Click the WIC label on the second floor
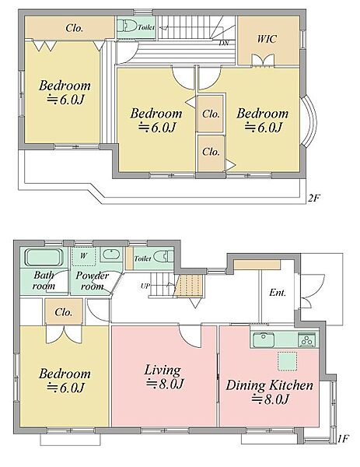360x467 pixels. (267, 39)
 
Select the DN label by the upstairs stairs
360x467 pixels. (224, 43)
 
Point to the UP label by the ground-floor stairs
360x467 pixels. (145, 286)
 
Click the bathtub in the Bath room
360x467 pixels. (44, 258)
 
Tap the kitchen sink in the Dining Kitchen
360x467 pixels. (264, 340)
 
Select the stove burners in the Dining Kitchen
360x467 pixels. (306, 340)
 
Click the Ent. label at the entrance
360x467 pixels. (278, 293)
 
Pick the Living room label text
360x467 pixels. (164, 377)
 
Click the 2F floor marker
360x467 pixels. (314, 198)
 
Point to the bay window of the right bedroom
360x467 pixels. (309, 121)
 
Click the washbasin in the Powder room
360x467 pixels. (111, 255)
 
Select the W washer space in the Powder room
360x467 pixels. (84, 256)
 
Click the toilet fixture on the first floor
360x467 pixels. (163, 256)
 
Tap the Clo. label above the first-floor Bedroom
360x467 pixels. (64, 312)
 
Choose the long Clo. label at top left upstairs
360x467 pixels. (74, 28)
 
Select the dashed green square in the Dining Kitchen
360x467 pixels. (288, 361)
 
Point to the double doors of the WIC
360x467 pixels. (263, 61)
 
